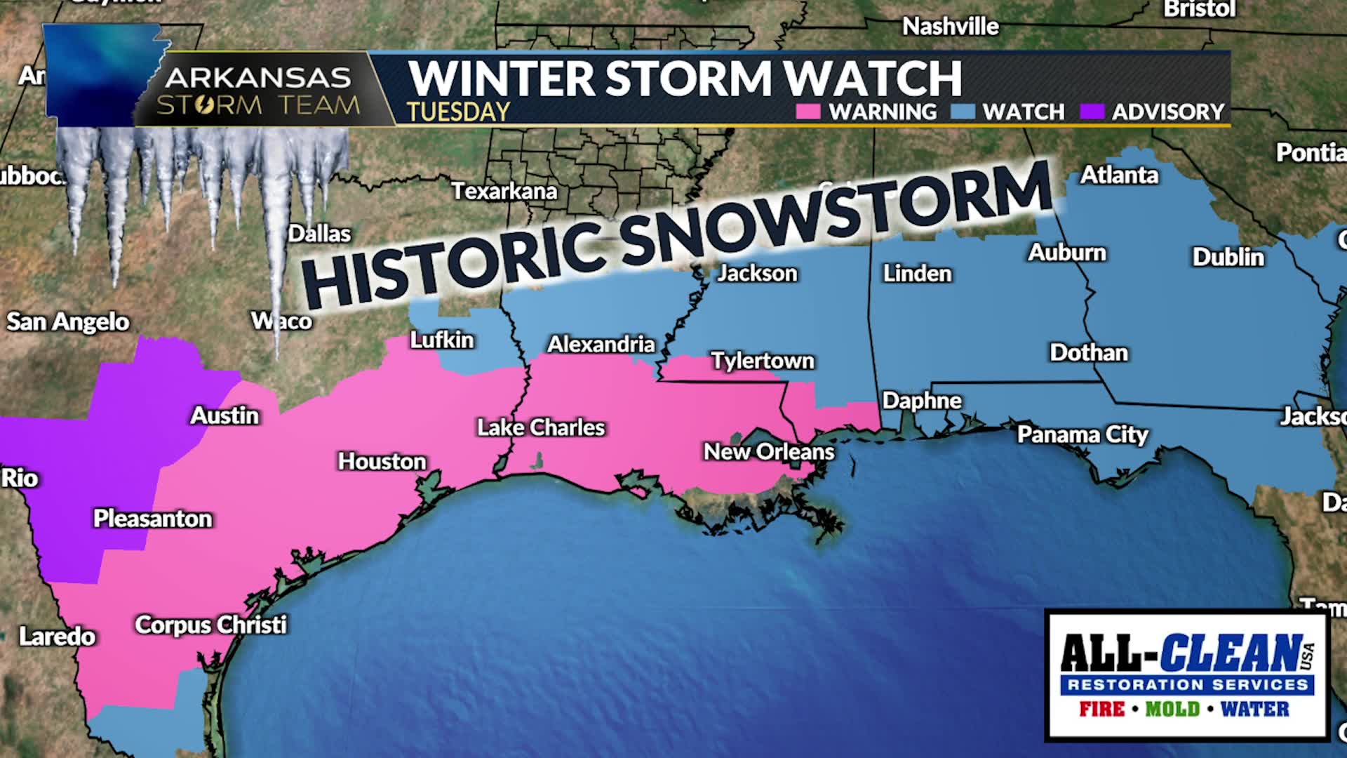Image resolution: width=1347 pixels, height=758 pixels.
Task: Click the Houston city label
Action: [382, 461]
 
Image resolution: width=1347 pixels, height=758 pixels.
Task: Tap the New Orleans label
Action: [769, 451]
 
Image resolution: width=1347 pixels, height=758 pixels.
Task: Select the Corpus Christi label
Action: [210, 624]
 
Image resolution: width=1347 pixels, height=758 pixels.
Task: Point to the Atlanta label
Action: [1119, 175]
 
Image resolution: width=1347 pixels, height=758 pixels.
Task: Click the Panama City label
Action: [1083, 434]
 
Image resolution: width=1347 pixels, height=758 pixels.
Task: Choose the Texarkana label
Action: [504, 191]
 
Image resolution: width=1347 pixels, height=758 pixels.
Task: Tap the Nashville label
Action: [950, 27]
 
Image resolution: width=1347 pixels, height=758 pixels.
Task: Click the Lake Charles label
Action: [540, 427]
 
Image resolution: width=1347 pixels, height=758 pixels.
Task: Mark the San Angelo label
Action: [68, 321]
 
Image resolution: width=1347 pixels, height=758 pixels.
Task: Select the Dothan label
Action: [1088, 352]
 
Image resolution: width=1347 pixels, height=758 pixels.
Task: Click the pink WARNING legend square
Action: [808, 112]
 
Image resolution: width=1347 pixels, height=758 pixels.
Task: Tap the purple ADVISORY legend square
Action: [1092, 112]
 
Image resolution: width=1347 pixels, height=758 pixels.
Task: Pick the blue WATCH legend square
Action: [963, 112]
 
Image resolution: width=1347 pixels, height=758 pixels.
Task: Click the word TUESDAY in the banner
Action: [458, 112]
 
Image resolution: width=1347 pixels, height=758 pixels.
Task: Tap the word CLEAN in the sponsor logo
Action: [1232, 653]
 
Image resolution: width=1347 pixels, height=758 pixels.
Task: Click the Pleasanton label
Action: [152, 519]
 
